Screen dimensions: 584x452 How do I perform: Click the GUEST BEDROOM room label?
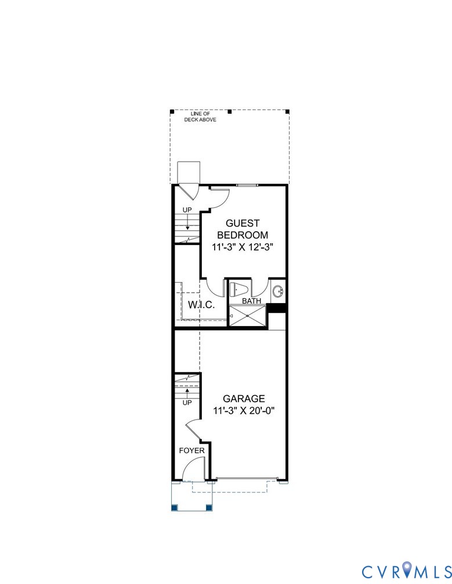tap(243, 229)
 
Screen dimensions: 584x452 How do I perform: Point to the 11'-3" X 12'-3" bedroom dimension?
tap(243, 246)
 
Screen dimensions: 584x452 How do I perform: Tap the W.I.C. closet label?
tap(201, 305)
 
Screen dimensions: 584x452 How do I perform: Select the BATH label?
tap(251, 301)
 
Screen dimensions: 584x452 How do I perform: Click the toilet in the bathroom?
tap(239, 289)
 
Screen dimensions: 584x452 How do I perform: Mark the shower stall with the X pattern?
tap(248, 316)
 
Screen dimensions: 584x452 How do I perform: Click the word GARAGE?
tap(244, 399)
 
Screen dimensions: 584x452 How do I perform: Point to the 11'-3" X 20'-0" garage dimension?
tap(244, 411)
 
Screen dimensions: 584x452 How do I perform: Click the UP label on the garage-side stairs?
tap(187, 402)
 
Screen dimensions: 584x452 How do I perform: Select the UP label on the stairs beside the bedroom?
tap(187, 210)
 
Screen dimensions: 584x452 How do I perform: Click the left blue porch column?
tap(174, 508)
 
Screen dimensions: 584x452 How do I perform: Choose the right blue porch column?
tap(209, 508)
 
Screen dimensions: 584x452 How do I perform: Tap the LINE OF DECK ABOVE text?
tap(200, 116)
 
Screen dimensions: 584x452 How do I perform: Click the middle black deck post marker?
tap(229, 111)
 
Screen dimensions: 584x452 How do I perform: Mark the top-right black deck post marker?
tap(288, 111)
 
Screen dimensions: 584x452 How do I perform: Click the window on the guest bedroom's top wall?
tap(247, 185)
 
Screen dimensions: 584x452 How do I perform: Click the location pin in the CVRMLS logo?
tap(410, 570)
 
